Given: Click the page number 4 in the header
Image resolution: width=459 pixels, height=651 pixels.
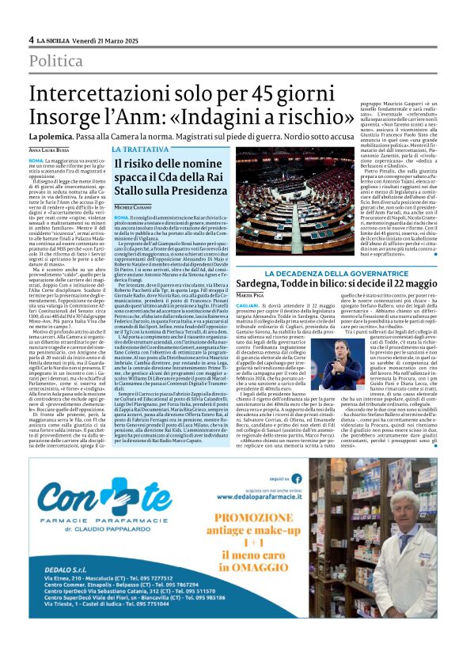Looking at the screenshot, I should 31,40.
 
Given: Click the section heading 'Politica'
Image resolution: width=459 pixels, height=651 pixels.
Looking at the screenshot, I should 56,61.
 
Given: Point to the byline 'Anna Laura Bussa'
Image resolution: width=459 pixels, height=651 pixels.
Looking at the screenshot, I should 49,150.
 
